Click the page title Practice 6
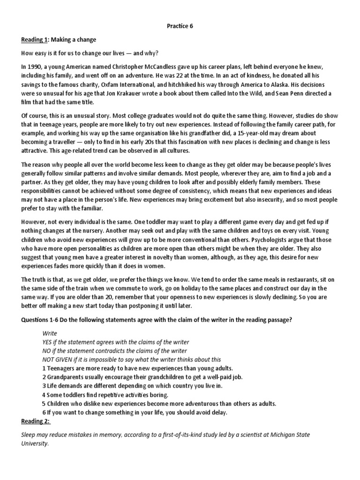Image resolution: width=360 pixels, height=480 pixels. click(180, 27)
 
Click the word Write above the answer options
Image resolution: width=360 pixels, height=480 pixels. click(50, 333)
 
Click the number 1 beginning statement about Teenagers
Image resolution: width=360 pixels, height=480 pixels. click(44, 368)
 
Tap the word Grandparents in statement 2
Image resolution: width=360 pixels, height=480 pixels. click(66, 377)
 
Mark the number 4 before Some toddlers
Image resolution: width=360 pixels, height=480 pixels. click(44, 395)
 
